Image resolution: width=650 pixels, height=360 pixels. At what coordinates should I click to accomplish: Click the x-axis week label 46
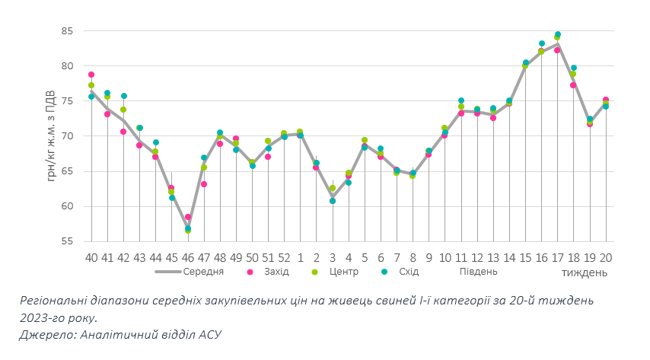188,258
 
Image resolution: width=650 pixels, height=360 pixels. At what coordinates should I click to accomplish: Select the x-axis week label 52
284,258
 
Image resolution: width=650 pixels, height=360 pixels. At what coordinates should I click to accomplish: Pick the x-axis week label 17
558,258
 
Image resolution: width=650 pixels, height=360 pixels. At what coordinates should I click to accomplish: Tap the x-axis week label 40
91,258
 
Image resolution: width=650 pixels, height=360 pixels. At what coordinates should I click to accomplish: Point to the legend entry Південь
478,271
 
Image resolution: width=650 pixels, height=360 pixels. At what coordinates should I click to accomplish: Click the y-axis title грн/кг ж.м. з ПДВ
51,136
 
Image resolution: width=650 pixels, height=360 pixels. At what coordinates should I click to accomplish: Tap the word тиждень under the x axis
585,272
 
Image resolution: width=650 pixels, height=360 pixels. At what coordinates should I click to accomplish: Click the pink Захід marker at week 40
91,75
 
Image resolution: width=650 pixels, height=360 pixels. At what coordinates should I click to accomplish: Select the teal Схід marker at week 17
558,34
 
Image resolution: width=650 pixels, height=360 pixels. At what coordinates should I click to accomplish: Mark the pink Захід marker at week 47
204,184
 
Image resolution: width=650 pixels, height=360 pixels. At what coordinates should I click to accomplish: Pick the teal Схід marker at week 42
123,96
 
